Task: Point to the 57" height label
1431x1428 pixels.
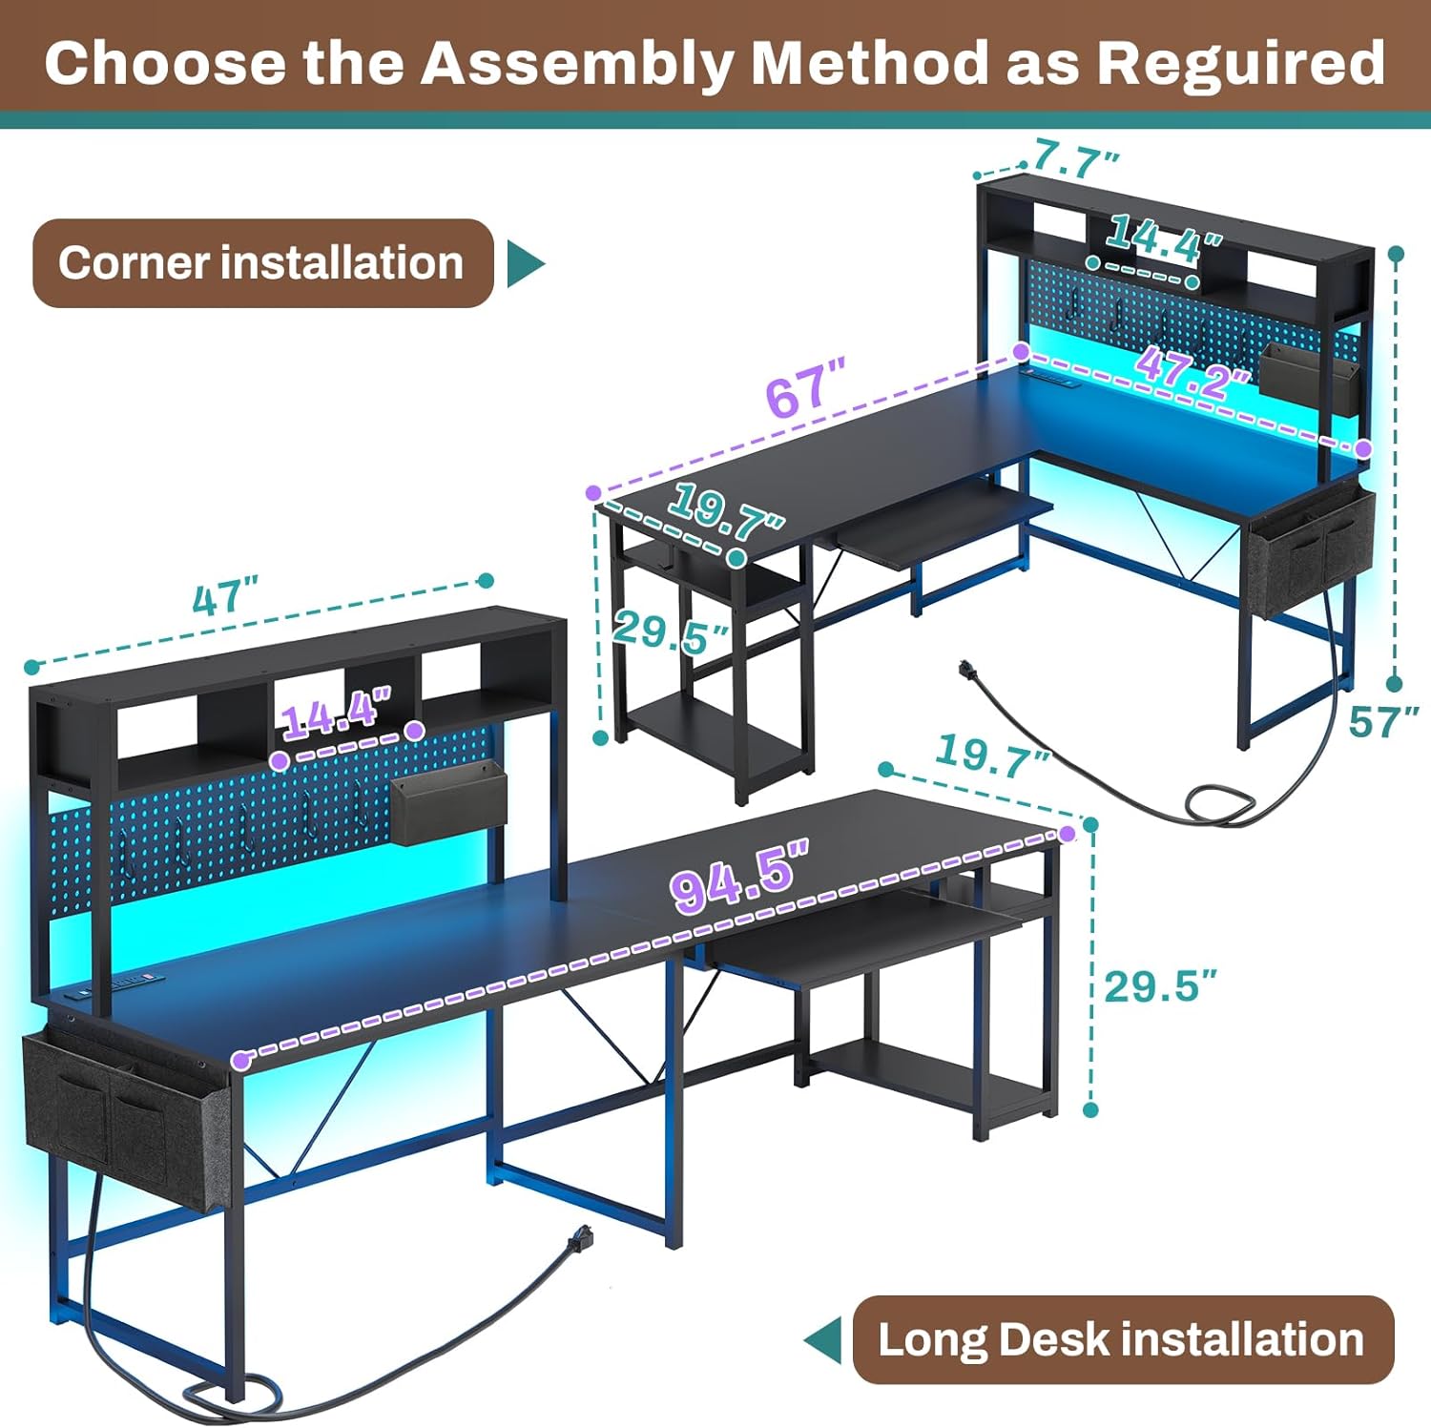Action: click(1383, 722)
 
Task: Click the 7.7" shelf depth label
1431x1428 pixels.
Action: click(1075, 159)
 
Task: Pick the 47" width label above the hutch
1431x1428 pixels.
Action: click(225, 599)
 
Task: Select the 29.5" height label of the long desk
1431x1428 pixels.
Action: click(1160, 986)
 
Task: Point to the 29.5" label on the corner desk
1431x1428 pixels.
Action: click(672, 631)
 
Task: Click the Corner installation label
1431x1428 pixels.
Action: click(262, 263)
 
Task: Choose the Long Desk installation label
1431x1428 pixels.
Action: click(1122, 1339)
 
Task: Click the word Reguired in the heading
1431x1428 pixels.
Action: click(1240, 63)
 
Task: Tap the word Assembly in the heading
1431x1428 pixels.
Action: click(578, 63)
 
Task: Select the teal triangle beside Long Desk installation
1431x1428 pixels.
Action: click(823, 1339)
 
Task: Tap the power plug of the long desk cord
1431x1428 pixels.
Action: click(580, 1241)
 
